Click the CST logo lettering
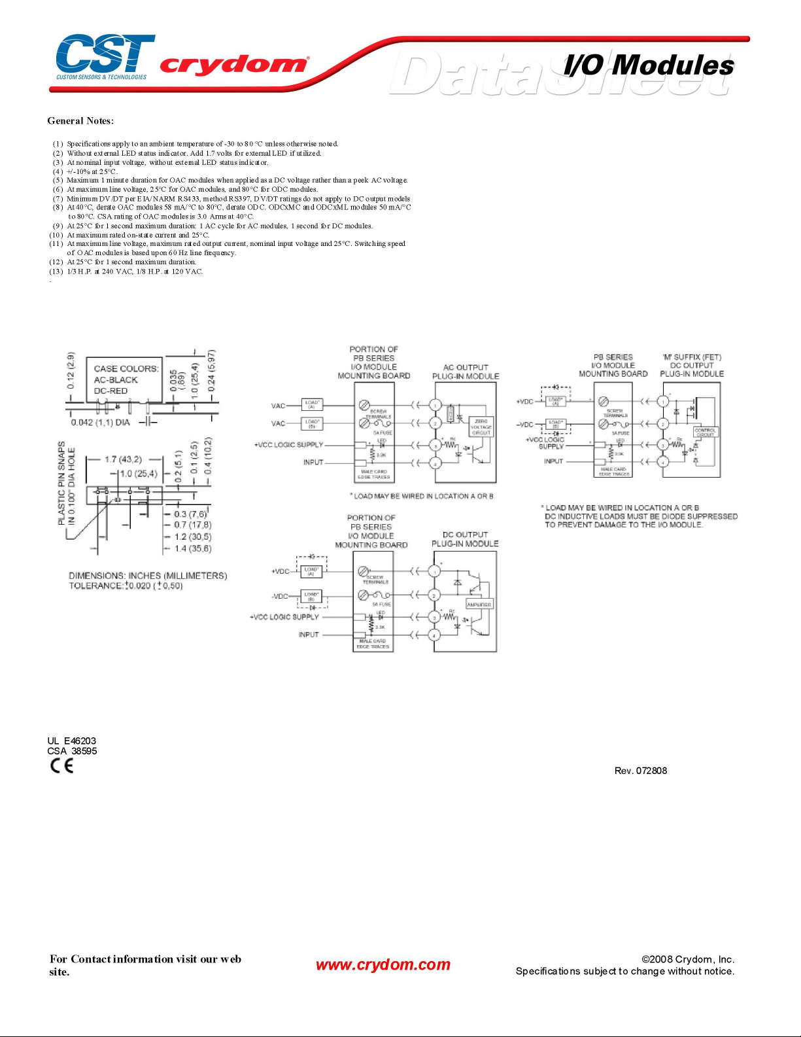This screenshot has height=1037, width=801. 105,54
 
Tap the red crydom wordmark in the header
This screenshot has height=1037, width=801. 233,65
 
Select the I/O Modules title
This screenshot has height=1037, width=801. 649,65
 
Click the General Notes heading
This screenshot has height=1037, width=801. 80,121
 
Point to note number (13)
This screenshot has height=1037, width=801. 58,272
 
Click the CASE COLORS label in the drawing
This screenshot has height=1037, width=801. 126,369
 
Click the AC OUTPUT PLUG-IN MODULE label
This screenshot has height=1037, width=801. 466,372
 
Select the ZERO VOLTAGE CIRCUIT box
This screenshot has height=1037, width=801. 481,427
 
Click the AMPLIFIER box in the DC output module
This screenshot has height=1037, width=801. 479,605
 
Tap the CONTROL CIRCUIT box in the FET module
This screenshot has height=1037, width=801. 706,432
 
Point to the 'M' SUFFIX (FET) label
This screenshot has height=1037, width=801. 692,357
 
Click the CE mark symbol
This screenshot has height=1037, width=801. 62,766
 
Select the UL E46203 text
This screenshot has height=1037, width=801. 72,741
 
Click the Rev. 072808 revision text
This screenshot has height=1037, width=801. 641,771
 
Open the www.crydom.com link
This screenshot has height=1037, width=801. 383,964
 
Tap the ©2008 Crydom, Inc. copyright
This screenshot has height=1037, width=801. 688,959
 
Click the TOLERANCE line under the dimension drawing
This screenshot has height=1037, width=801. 126,586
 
